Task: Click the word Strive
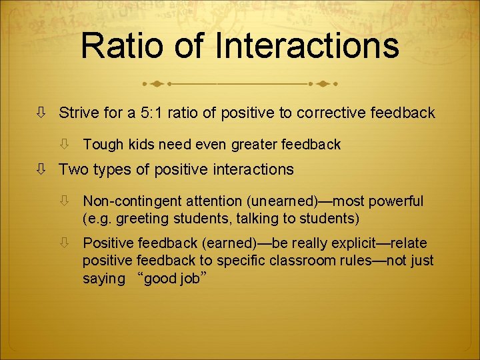click(79, 113)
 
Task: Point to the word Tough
click(101, 144)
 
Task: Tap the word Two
click(73, 169)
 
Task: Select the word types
click(111, 170)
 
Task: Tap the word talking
click(245, 218)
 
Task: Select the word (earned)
click(227, 243)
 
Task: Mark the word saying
click(103, 279)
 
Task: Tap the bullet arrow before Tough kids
click(65, 144)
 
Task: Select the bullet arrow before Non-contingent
click(65, 201)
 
